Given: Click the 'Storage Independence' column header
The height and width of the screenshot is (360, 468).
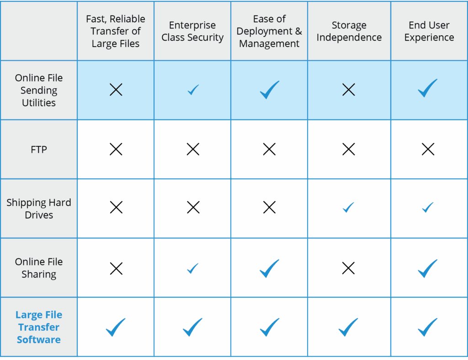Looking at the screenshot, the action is [x=349, y=31].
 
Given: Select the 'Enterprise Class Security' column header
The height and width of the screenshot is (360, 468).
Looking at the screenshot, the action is [x=192, y=31].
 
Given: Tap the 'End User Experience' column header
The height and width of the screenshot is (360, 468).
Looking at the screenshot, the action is [x=429, y=31].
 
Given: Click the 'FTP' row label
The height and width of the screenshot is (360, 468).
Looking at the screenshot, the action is [x=39, y=149].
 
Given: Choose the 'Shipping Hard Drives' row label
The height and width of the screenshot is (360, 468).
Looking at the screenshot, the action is [x=39, y=209].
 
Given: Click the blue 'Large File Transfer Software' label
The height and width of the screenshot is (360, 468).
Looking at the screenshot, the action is [x=39, y=327].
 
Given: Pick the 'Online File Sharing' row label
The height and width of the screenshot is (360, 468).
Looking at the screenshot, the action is [x=39, y=268].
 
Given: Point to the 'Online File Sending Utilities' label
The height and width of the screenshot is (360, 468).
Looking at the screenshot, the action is [x=39, y=90].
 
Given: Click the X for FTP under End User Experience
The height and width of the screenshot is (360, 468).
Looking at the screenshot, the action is [x=428, y=149].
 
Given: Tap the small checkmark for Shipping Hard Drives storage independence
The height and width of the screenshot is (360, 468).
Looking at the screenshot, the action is [x=348, y=207].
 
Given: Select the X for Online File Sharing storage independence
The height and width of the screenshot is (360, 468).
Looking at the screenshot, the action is [x=348, y=268].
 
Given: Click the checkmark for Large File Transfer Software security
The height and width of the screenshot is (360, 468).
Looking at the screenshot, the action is [x=192, y=327].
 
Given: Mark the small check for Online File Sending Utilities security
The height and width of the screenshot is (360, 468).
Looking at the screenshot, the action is [x=193, y=90].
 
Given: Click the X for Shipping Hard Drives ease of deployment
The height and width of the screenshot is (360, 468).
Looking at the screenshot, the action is [x=269, y=207].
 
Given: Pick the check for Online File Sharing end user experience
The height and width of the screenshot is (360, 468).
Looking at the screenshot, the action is [x=427, y=268].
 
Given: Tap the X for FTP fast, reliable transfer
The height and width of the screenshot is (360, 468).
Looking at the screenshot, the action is [x=116, y=149].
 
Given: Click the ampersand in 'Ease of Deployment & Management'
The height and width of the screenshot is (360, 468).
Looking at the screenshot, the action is [x=298, y=31].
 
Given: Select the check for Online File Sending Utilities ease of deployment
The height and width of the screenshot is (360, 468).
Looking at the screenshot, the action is [x=270, y=90].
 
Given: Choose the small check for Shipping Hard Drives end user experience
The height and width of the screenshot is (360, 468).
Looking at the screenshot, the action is [x=427, y=207].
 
